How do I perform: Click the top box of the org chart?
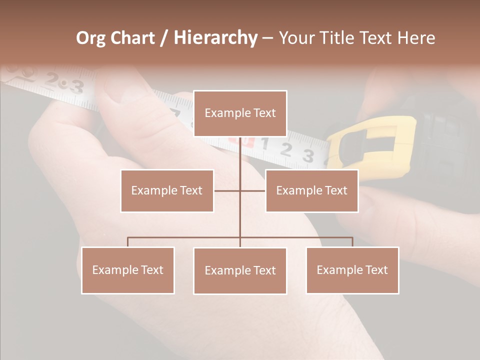click(x=240, y=113)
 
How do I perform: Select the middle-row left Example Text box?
click(x=167, y=190)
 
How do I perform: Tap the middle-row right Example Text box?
click(x=311, y=190)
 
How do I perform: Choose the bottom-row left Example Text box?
click(x=128, y=270)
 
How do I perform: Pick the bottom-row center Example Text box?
click(x=240, y=270)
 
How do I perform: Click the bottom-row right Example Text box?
click(x=352, y=270)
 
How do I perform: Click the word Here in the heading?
click(x=416, y=38)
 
